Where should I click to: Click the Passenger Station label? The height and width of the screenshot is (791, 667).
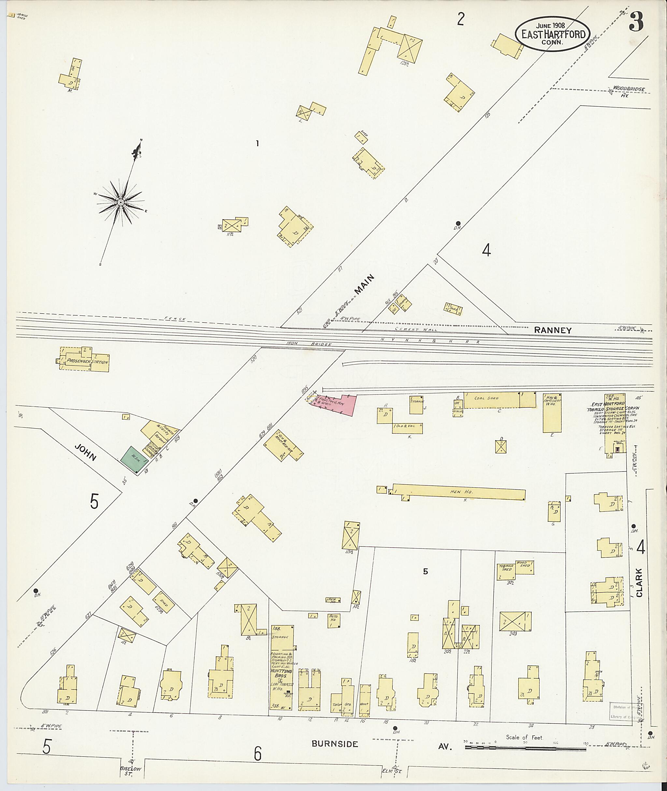[x=87, y=362]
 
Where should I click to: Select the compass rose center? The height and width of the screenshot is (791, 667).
[x=121, y=203]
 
